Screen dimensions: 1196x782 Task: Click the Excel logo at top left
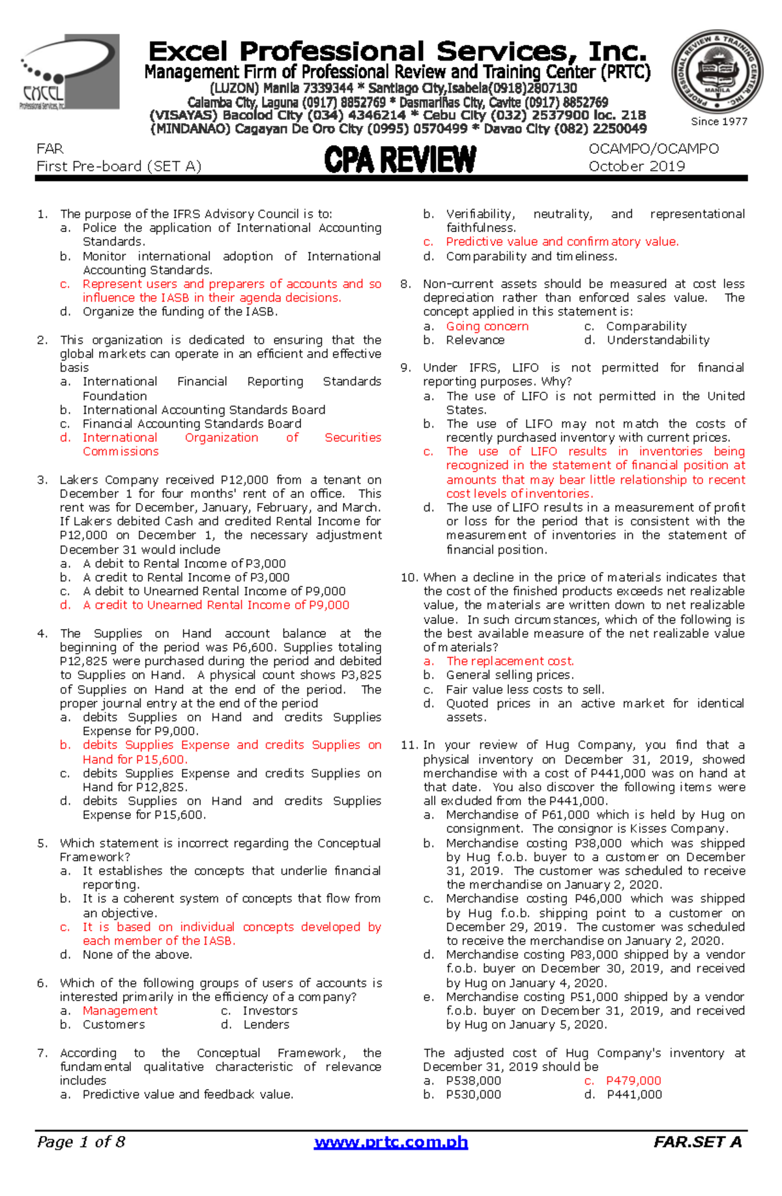(70, 72)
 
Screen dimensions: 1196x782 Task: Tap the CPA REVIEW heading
(400, 160)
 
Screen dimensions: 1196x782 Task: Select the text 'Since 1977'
(719, 121)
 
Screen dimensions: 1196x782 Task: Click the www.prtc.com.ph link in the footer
(391, 1142)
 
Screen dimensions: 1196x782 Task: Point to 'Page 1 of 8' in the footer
(81, 1142)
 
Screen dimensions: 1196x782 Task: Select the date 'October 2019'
(636, 166)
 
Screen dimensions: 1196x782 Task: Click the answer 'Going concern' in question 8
(487, 326)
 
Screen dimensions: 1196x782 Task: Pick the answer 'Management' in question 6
(120, 1010)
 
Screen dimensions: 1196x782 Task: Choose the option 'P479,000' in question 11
(633, 1081)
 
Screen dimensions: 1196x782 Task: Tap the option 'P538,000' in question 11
(473, 1081)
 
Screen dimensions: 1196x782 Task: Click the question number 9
(406, 368)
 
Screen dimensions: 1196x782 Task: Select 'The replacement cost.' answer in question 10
(510, 661)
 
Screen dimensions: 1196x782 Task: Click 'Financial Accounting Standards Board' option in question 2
(192, 424)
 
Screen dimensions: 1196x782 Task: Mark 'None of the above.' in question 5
(137, 954)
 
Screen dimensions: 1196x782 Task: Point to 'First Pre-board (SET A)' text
(119, 166)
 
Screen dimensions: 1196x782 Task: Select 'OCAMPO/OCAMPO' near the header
(653, 149)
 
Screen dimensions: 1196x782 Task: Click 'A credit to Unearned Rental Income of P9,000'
(216, 605)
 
